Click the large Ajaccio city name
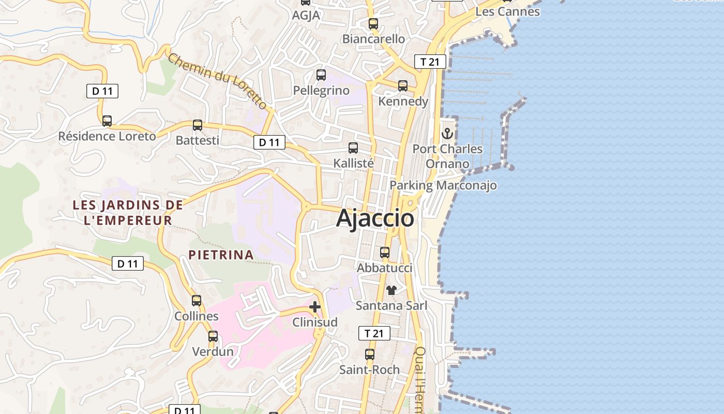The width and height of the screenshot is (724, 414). pos(375,218)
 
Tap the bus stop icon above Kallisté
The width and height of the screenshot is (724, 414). pos(353,148)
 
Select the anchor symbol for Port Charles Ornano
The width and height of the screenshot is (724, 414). pos(447,134)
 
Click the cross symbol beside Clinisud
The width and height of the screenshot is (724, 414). pos(314,307)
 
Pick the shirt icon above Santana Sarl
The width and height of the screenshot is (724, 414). pos(391,290)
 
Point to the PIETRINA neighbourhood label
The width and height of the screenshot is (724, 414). pos(221,255)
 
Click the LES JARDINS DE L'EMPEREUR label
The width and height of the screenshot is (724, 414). pos(128,212)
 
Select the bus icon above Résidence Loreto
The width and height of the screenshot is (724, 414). pos(107,121)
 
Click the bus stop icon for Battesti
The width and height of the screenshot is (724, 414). pos(198,125)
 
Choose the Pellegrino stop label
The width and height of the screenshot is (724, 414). pos(321,91)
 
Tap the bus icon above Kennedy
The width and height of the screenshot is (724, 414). pos(403,86)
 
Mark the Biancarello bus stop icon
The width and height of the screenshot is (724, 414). pos(373,23)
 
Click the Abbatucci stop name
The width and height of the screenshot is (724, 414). pos(385,268)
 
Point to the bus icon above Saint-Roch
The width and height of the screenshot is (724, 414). pos(370,354)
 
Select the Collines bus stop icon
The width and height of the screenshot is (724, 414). pos(197,301)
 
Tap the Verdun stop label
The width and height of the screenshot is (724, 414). pos(213,352)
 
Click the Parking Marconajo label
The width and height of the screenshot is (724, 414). pos(443,185)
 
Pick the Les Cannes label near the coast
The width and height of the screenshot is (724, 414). pos(507,11)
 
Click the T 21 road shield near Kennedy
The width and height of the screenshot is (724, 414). pos(430,62)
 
